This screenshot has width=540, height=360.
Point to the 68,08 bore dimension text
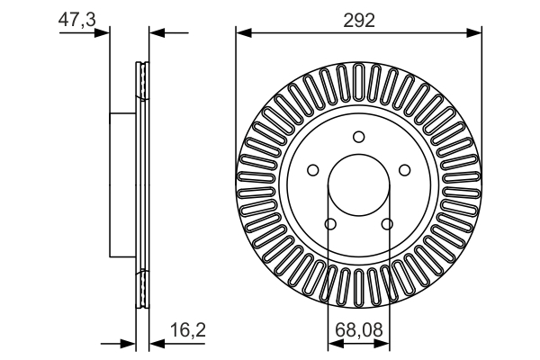coord(358,330)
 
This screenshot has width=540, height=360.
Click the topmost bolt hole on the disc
coord(358,137)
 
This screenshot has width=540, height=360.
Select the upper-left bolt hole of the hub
coord(312,169)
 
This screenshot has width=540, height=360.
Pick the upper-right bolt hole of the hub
coord(404,169)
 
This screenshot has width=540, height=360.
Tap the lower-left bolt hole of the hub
coord(329,224)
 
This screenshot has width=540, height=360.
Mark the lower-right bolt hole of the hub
coord(387,224)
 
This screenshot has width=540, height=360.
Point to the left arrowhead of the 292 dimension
coord(241,33)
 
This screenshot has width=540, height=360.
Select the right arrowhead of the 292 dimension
coord(475,33)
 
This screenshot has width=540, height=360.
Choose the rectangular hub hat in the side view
coord(122,184)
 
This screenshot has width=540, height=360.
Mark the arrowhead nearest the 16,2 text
coord(155,343)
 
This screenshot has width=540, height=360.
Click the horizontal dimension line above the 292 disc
coord(358,33)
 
